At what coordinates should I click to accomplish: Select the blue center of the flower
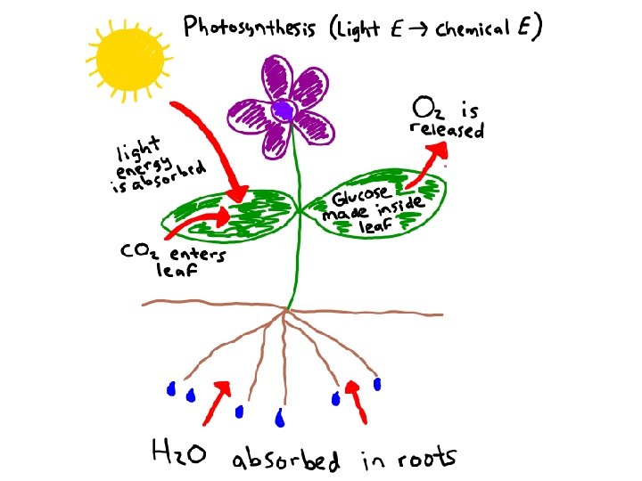[x=284, y=111]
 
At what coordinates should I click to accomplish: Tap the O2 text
[x=427, y=109]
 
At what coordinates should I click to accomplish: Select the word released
[x=446, y=131]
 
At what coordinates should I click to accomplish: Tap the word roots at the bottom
[x=424, y=459]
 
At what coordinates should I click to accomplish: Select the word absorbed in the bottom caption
[x=285, y=461]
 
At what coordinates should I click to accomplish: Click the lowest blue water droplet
[x=280, y=417]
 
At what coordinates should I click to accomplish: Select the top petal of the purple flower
[x=279, y=76]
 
